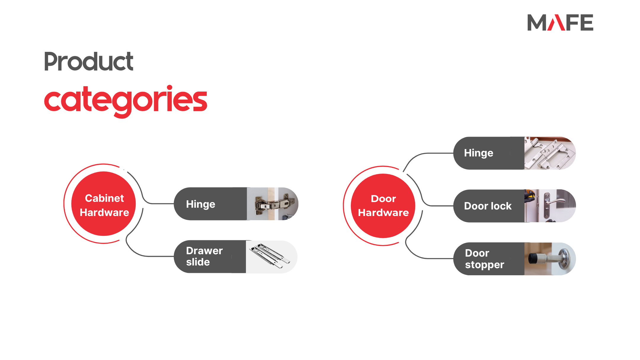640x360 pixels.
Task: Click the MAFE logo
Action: click(560, 22)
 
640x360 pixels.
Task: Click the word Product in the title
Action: click(89, 61)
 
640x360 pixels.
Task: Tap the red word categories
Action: click(126, 101)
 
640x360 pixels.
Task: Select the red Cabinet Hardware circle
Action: click(104, 204)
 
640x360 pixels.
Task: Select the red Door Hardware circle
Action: click(383, 206)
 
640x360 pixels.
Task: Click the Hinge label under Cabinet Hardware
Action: click(201, 204)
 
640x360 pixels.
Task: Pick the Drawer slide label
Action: click(204, 256)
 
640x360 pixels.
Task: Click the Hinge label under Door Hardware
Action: click(479, 153)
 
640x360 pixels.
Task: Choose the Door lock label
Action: click(488, 206)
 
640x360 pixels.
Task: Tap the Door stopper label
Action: click(484, 259)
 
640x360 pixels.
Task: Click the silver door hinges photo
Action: click(550, 153)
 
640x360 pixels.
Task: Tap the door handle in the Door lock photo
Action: click(554, 202)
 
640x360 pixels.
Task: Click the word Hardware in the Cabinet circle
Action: click(104, 212)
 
